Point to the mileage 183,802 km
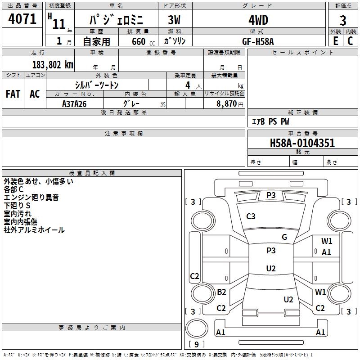(x=53, y=64)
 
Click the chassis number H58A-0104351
(x=302, y=143)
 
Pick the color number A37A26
(x=74, y=104)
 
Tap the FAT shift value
(x=13, y=94)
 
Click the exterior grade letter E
(x=335, y=41)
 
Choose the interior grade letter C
(x=350, y=41)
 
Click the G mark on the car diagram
(x=284, y=237)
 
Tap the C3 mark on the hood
(x=251, y=216)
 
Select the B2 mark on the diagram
(x=221, y=292)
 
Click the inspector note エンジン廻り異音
(x=31, y=198)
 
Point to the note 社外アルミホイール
(x=34, y=230)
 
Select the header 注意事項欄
(x=124, y=134)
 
